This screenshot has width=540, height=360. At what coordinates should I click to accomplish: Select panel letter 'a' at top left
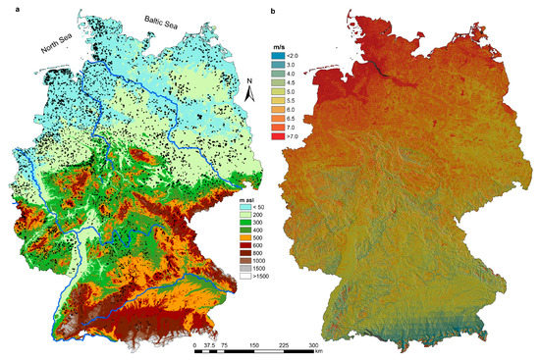pos(7,9)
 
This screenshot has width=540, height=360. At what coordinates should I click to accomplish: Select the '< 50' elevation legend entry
pos(252,206)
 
